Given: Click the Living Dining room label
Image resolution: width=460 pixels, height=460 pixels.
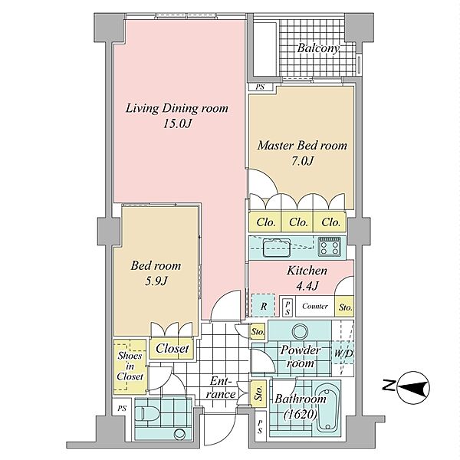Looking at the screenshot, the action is [x=177, y=108].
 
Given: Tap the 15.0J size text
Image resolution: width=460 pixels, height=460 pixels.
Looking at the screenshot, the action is [x=177, y=123].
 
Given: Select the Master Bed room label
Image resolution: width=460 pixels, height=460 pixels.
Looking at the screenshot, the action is [x=302, y=146].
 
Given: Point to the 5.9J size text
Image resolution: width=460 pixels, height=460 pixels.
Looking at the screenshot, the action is [x=156, y=281].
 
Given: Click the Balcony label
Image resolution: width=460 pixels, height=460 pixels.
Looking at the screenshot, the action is [x=318, y=48].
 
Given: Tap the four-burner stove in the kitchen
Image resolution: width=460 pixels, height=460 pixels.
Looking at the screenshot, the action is [x=330, y=247].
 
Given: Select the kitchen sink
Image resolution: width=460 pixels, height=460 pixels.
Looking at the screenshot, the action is [x=277, y=247].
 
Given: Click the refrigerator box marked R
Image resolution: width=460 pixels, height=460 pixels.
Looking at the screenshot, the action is [x=264, y=305].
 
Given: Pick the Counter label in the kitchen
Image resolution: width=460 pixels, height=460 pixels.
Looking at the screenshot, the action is [x=315, y=306].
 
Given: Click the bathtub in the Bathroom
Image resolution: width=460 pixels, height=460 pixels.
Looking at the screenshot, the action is [x=327, y=410].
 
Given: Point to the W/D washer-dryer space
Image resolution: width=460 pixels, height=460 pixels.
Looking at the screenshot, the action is [x=343, y=353].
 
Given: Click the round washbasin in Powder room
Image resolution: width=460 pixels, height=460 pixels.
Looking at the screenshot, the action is [x=301, y=331].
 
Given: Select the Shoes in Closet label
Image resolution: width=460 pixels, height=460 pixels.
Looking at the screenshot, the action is [x=130, y=366].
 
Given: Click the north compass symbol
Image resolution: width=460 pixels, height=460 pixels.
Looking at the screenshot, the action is [x=413, y=387].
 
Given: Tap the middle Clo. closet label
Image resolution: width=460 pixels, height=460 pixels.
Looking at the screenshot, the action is [x=298, y=222].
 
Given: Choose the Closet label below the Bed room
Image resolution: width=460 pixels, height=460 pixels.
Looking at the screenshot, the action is [x=172, y=349].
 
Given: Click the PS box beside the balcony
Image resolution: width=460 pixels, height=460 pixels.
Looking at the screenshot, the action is [x=261, y=87].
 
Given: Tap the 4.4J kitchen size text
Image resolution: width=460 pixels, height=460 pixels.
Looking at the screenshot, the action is [x=307, y=286].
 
